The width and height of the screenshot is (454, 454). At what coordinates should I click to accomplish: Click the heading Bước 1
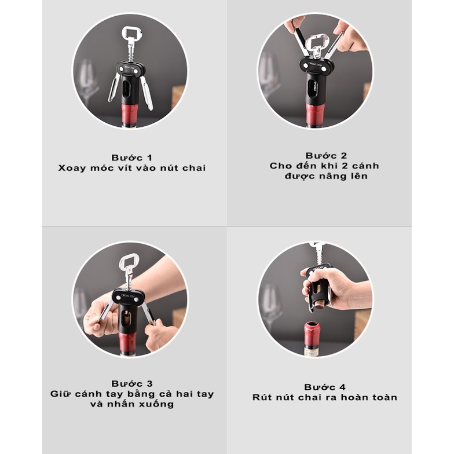(132, 158)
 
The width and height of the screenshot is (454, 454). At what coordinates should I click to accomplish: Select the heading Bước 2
(326, 155)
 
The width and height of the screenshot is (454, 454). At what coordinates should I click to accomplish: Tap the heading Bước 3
(132, 383)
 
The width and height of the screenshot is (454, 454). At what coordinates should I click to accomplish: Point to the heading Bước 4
(325, 387)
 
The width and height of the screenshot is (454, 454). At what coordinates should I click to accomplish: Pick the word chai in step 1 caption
(194, 168)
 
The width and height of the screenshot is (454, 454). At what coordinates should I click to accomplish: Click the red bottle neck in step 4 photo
(313, 335)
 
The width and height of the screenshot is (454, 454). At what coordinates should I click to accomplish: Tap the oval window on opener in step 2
(312, 88)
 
